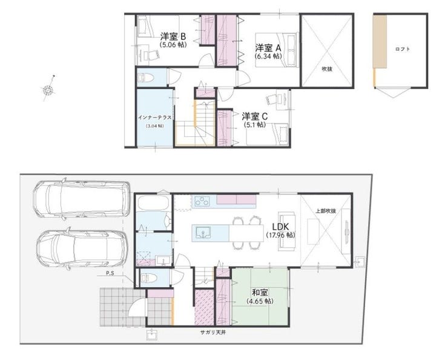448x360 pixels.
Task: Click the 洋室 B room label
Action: coord(173,36)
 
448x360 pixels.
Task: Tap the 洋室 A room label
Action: coord(268,47)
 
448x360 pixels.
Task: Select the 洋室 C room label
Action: coord(255,116)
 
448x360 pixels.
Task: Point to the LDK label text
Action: coord(280,227)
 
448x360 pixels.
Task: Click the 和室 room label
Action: coord(260,293)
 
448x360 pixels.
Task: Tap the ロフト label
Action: coord(403,49)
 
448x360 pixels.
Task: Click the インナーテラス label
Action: coord(155,118)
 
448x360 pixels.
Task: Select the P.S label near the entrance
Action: coord(110,273)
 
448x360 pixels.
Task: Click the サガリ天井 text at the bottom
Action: coord(213,333)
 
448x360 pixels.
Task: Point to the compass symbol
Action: coord(48,90)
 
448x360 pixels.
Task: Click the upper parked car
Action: coord(82,199)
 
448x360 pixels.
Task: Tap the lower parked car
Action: coord(82,248)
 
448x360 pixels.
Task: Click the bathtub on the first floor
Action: coord(153,204)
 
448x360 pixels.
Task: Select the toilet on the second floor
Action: coord(146,78)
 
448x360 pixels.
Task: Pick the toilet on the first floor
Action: coord(148,278)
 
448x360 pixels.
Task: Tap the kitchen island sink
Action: coord(203,233)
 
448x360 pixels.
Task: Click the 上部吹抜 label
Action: coord(326,211)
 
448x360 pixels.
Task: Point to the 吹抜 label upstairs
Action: coord(327,68)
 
